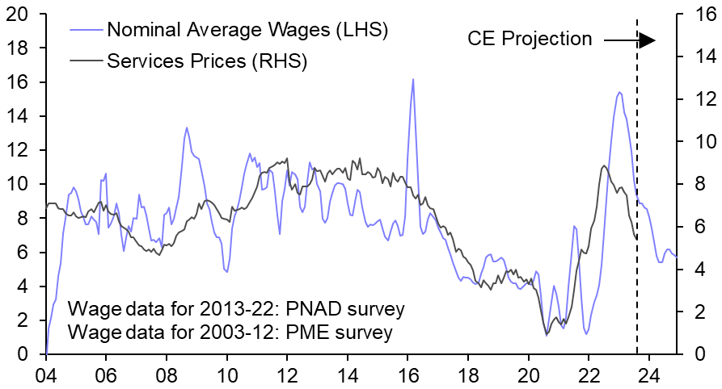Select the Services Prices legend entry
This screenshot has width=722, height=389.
point(206,61)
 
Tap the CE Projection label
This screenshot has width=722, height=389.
point(530,38)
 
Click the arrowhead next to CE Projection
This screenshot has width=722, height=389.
point(647,39)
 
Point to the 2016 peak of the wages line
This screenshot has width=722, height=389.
point(413,79)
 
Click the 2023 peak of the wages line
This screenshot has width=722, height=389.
point(619,92)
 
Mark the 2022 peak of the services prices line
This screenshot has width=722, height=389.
point(604,165)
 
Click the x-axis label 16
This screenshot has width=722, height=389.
point(407,375)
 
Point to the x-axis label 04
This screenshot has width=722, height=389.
point(46,375)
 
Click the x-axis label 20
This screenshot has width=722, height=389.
point(528,375)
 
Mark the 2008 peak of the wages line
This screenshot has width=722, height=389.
point(187,127)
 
